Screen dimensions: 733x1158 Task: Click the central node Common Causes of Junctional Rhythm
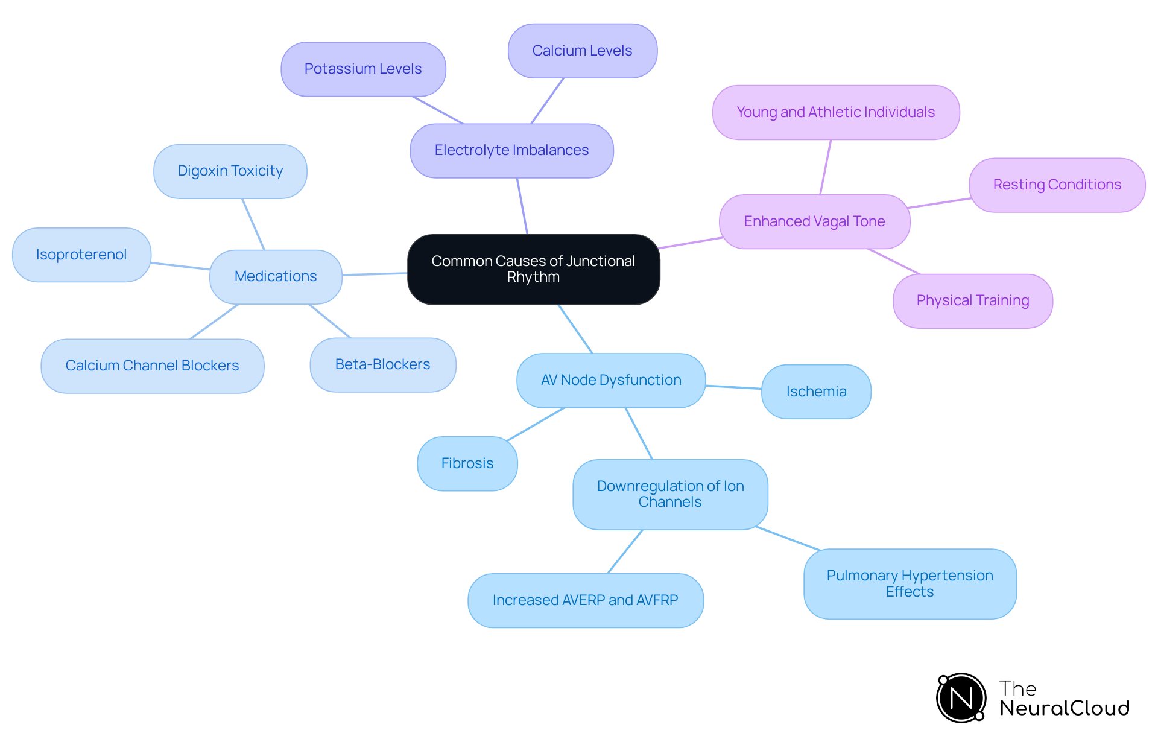(x=533, y=269)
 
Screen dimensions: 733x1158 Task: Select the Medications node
(x=276, y=276)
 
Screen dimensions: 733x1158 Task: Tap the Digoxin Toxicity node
(x=230, y=171)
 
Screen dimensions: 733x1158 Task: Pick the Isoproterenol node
(x=81, y=255)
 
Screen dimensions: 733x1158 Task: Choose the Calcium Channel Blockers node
(x=152, y=366)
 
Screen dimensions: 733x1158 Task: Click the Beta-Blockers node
(x=382, y=364)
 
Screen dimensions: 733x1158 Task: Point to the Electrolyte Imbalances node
(x=511, y=150)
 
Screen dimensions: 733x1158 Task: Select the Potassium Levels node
(x=363, y=69)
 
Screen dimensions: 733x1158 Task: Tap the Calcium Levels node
(x=582, y=51)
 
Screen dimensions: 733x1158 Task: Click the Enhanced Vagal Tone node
(x=814, y=221)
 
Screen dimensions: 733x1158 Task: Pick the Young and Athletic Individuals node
(x=835, y=112)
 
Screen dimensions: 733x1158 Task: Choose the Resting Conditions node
(x=1057, y=185)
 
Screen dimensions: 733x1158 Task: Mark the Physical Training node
(x=972, y=300)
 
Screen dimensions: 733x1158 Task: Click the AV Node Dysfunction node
(x=611, y=380)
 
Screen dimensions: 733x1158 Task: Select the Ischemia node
(x=816, y=392)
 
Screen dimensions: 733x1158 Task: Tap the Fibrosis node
(x=467, y=463)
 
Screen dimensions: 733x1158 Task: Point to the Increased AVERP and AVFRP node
(x=585, y=600)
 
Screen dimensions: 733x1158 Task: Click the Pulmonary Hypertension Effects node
(x=910, y=583)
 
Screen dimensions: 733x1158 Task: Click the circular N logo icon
(x=961, y=698)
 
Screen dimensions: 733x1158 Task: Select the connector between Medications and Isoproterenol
(x=180, y=266)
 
